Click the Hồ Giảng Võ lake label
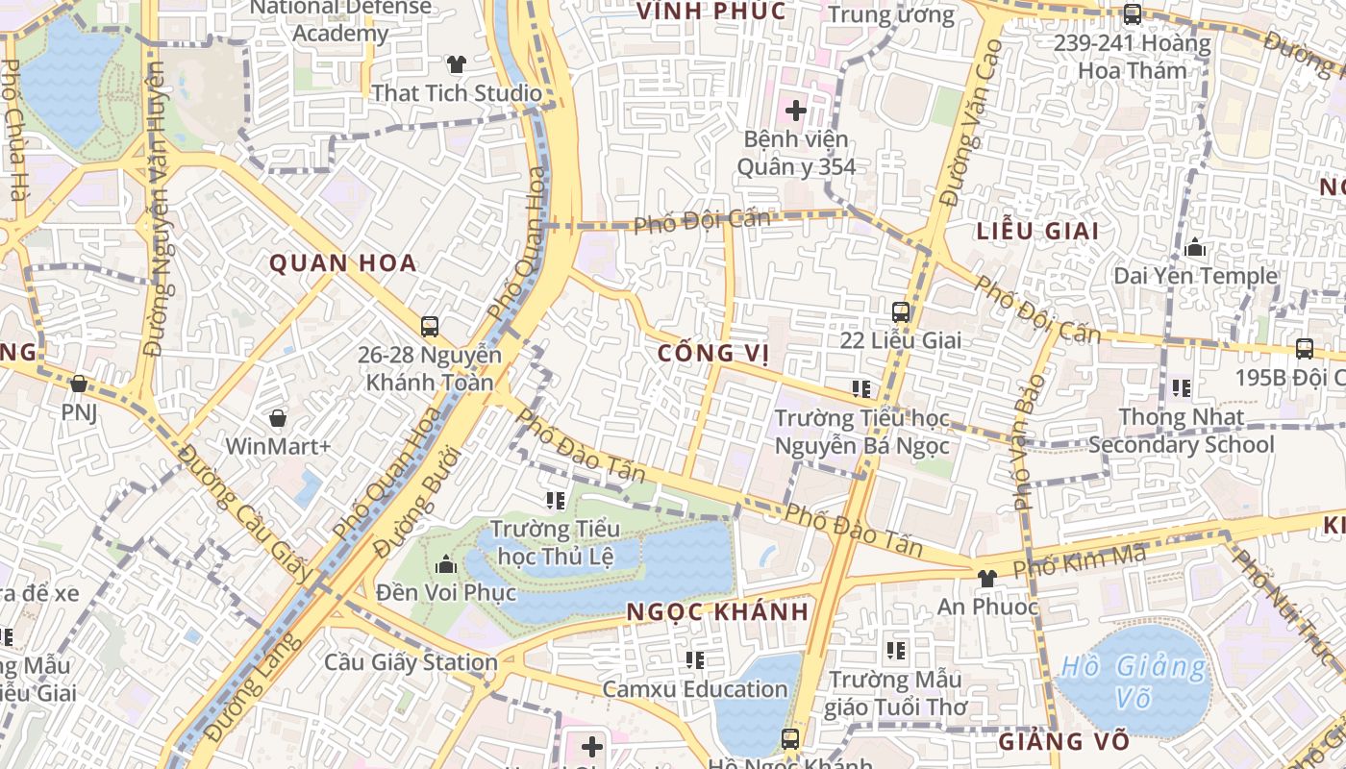(x=1134, y=681)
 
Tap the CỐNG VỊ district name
(x=713, y=354)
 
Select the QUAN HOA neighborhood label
(x=343, y=263)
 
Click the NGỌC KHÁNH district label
(x=717, y=612)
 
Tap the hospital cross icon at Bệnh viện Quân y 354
(x=796, y=111)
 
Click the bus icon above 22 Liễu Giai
(x=901, y=311)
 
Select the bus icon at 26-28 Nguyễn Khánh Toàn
(x=430, y=327)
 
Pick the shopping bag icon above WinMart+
(x=278, y=418)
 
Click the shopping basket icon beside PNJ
(x=79, y=384)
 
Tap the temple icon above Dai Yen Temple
(x=1195, y=248)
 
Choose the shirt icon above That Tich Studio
(x=456, y=64)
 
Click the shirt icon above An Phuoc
(x=986, y=578)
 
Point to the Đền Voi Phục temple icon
(x=445, y=563)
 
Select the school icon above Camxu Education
(x=695, y=659)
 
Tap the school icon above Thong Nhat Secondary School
(x=1181, y=388)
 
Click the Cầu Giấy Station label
(x=411, y=662)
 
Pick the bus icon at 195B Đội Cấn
(x=1305, y=348)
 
